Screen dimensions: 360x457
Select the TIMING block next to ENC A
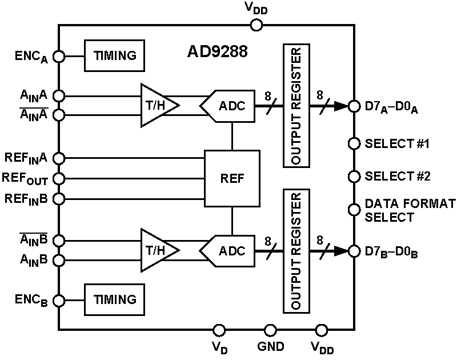(115, 55)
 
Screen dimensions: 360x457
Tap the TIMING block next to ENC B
(115, 299)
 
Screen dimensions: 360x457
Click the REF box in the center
(232, 178)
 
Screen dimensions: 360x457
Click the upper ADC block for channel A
(227, 105)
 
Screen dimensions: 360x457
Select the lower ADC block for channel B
(227, 250)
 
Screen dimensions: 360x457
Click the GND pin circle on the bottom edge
(270, 330)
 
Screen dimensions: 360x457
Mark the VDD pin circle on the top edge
(256, 25)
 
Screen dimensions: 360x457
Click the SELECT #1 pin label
(397, 143)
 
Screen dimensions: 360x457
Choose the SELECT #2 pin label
(397, 176)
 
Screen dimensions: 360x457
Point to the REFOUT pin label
(26, 178)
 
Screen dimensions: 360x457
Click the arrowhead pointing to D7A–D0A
(342, 105)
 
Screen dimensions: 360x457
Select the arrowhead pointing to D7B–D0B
(342, 250)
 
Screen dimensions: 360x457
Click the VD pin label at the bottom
(218, 347)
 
